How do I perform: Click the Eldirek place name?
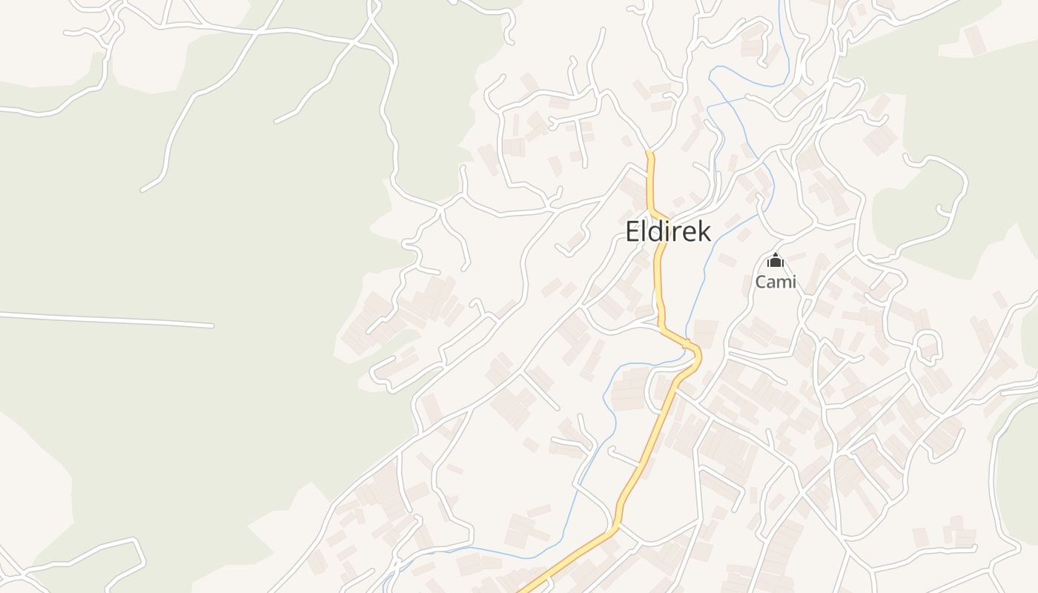click(x=668, y=231)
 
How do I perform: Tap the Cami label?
click(x=776, y=282)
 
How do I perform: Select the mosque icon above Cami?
click(x=776, y=260)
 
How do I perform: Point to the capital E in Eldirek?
click(x=632, y=232)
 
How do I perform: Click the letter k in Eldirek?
click(x=704, y=231)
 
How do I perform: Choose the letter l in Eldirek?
click(x=645, y=231)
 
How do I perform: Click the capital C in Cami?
click(x=761, y=282)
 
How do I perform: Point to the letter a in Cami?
click(x=771, y=283)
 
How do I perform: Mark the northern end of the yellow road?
click(x=649, y=153)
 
